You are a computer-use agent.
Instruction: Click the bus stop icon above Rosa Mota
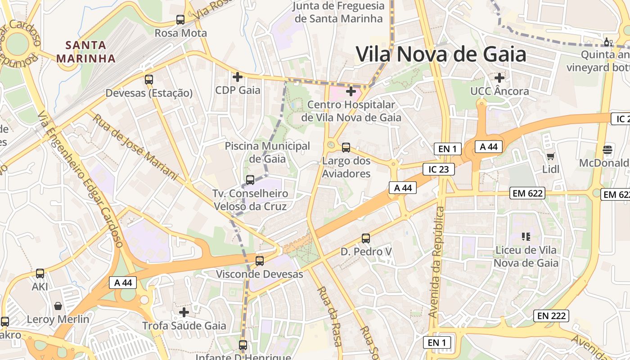tap(180, 20)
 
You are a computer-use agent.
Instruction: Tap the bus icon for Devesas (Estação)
tap(149, 80)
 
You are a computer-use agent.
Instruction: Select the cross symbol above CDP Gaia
tap(238, 77)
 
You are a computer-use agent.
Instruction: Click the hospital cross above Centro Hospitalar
tap(351, 92)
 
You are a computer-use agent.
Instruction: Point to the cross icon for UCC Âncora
tap(499, 78)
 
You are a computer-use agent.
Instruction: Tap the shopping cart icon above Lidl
tap(550, 157)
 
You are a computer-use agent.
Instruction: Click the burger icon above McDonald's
tap(607, 149)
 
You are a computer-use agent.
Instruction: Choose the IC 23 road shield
tap(439, 169)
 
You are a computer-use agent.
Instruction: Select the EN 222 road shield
tap(551, 316)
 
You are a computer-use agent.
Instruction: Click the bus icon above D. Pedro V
tap(366, 238)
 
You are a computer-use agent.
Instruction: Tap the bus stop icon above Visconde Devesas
tap(260, 261)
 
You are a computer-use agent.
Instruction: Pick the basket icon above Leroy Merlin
tap(58, 306)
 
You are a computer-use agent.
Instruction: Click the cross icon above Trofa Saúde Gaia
tap(184, 312)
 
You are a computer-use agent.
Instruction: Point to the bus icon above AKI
tap(40, 274)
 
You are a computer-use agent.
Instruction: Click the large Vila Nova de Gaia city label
tap(441, 54)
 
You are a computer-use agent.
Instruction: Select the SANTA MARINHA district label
tap(86, 51)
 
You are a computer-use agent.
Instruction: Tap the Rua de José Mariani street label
tap(135, 145)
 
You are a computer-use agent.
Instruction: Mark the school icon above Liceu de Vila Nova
tap(526, 236)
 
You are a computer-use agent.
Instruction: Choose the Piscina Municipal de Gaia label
tap(267, 152)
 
